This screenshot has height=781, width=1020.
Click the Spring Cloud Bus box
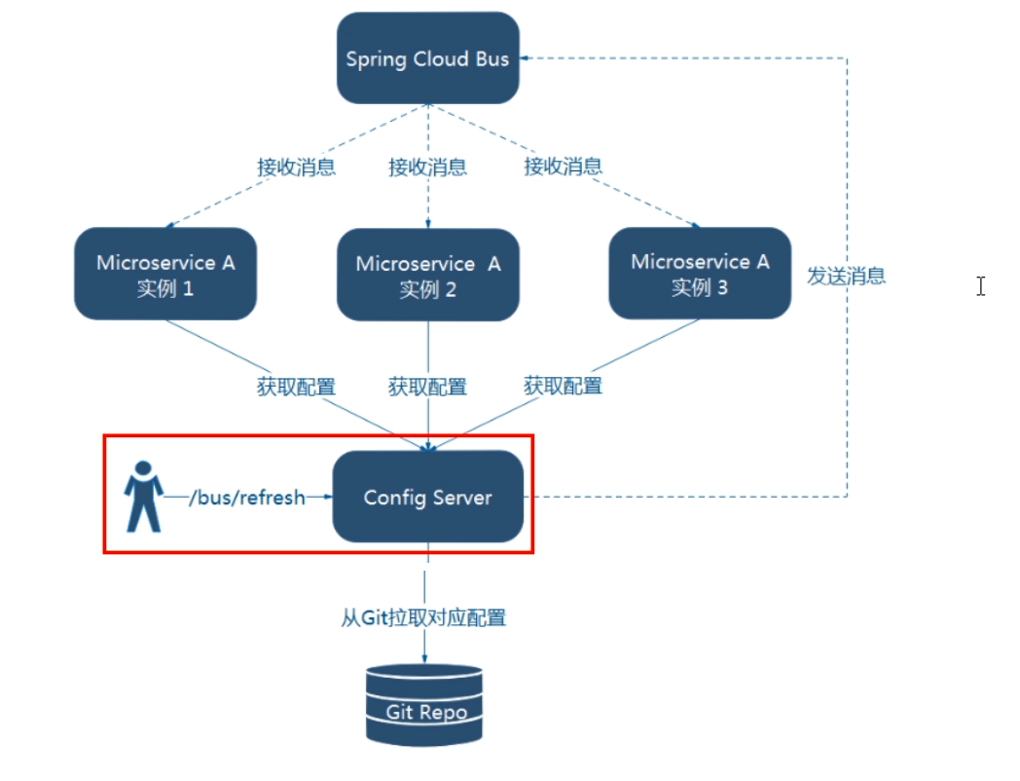(x=427, y=58)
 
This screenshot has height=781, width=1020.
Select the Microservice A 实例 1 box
(x=165, y=275)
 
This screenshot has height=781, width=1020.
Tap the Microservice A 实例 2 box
(x=427, y=276)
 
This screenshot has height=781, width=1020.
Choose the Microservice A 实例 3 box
(x=700, y=274)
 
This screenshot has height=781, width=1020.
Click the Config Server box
(x=427, y=498)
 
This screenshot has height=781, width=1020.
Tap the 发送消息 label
(x=846, y=276)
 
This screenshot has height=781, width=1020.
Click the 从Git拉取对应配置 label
(x=423, y=618)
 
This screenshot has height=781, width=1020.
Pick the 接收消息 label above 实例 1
(x=297, y=167)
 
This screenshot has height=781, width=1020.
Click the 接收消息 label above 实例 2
(x=427, y=167)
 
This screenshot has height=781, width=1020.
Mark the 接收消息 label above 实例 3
(x=563, y=167)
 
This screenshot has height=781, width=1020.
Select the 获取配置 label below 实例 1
(x=297, y=387)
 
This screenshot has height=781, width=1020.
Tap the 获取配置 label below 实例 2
(x=427, y=388)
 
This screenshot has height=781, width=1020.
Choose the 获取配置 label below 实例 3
(x=563, y=386)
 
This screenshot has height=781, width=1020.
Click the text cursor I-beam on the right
(x=980, y=285)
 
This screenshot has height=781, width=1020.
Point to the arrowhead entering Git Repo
(x=426, y=659)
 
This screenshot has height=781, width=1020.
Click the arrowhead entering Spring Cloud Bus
(x=526, y=58)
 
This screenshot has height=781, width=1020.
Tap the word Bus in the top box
(x=492, y=58)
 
